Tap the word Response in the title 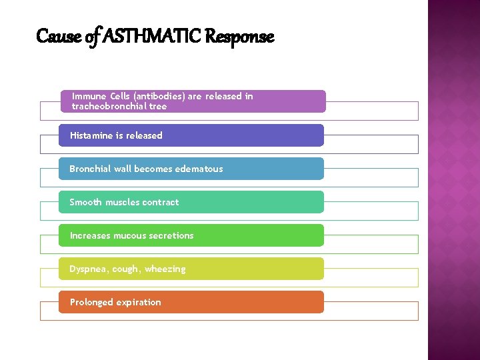(x=239, y=37)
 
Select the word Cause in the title (x=51, y=37)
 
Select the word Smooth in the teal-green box (x=86, y=202)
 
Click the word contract (x=161, y=202)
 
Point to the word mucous (x=129, y=235)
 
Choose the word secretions (x=171, y=235)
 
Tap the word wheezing (x=165, y=269)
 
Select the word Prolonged (x=91, y=303)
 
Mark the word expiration (x=139, y=303)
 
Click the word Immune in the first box (x=87, y=96)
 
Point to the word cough (x=125, y=269)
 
